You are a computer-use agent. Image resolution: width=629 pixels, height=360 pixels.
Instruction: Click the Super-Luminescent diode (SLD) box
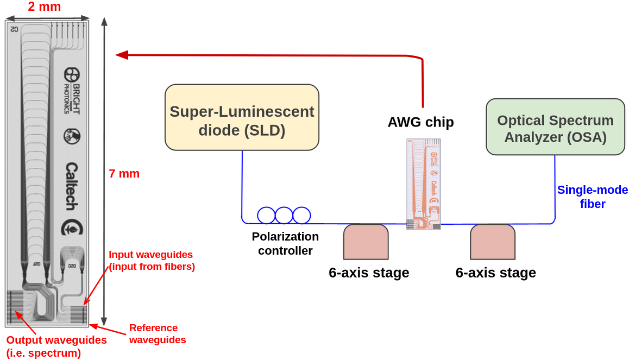[242, 117]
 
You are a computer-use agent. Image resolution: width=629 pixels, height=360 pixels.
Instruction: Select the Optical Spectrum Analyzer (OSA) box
[555, 127]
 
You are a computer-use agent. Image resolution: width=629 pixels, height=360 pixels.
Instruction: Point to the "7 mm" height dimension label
[124, 174]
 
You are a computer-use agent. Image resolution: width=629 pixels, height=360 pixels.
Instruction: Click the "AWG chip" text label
[420, 122]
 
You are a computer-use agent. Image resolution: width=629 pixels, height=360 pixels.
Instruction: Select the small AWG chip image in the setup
[424, 184]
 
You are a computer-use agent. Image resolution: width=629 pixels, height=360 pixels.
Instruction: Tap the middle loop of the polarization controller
[284, 216]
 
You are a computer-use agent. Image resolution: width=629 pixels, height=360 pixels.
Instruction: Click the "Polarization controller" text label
[285, 243]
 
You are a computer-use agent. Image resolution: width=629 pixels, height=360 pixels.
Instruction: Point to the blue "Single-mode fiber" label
[593, 197]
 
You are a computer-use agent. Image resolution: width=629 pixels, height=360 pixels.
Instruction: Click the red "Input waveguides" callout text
[151, 261]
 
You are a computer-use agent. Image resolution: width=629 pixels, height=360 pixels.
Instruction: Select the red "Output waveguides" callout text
[56, 346]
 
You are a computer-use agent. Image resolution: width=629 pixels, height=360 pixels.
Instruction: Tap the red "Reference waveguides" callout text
[157, 334]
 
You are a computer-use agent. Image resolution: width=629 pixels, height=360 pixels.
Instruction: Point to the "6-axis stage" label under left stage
[369, 273]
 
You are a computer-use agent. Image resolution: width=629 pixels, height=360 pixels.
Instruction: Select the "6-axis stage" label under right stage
[495, 273]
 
